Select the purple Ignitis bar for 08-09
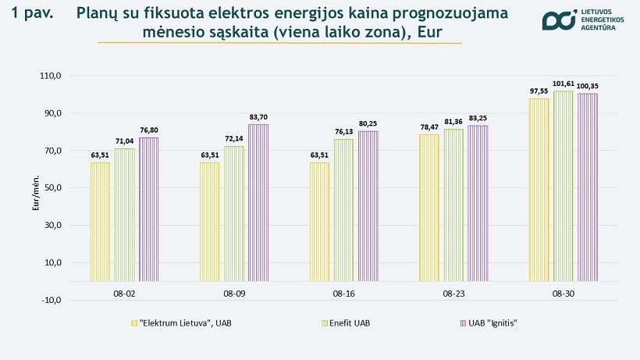point(258,202)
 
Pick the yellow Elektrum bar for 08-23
point(428,207)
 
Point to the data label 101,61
point(563,84)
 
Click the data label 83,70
point(258,117)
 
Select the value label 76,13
point(343,131)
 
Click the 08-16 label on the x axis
point(343,294)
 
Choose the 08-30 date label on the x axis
point(563,294)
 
